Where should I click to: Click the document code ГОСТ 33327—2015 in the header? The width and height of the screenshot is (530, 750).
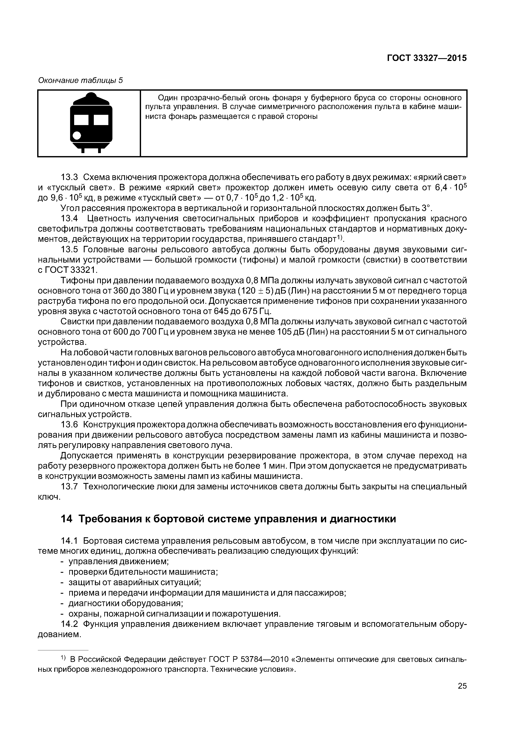tap(427, 58)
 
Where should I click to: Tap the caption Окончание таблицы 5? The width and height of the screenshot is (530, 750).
tap(80, 80)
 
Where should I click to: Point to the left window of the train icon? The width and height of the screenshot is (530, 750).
tap(81, 120)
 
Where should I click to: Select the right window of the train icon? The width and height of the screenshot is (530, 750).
tap(101, 120)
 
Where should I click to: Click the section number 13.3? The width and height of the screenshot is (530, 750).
tap(69, 177)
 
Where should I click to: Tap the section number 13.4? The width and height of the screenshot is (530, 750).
tap(69, 219)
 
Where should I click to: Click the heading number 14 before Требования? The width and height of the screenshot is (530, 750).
tap(67, 519)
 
